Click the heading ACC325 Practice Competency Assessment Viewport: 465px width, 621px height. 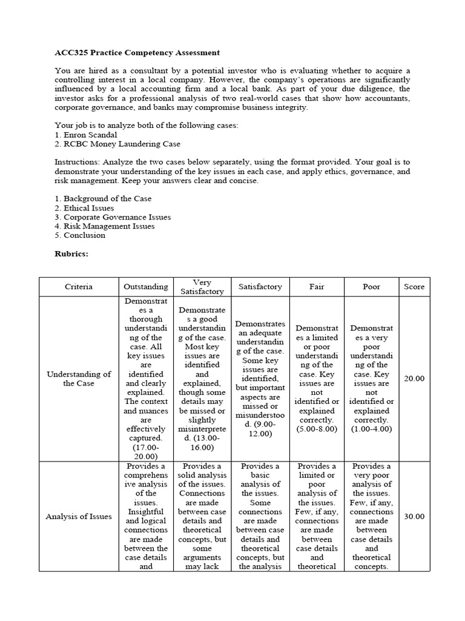[137, 53]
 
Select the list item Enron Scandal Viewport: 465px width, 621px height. [90, 135]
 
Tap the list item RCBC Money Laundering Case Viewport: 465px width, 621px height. [122, 144]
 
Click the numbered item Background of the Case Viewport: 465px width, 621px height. [107, 198]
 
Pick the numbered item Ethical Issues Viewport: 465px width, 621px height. [88, 207]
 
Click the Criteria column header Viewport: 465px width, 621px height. [79, 287]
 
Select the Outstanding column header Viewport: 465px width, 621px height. [146, 287]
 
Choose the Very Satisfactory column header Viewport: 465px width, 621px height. [202, 287]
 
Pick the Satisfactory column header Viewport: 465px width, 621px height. [260, 287]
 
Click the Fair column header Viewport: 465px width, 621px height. [317, 287]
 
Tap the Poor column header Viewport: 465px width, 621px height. [371, 287]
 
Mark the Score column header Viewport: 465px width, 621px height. [415, 287]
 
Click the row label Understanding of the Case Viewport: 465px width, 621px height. [79, 378]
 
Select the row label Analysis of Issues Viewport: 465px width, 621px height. [79, 516]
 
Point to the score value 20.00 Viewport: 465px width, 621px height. [415, 378]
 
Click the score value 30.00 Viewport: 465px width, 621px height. [415, 516]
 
